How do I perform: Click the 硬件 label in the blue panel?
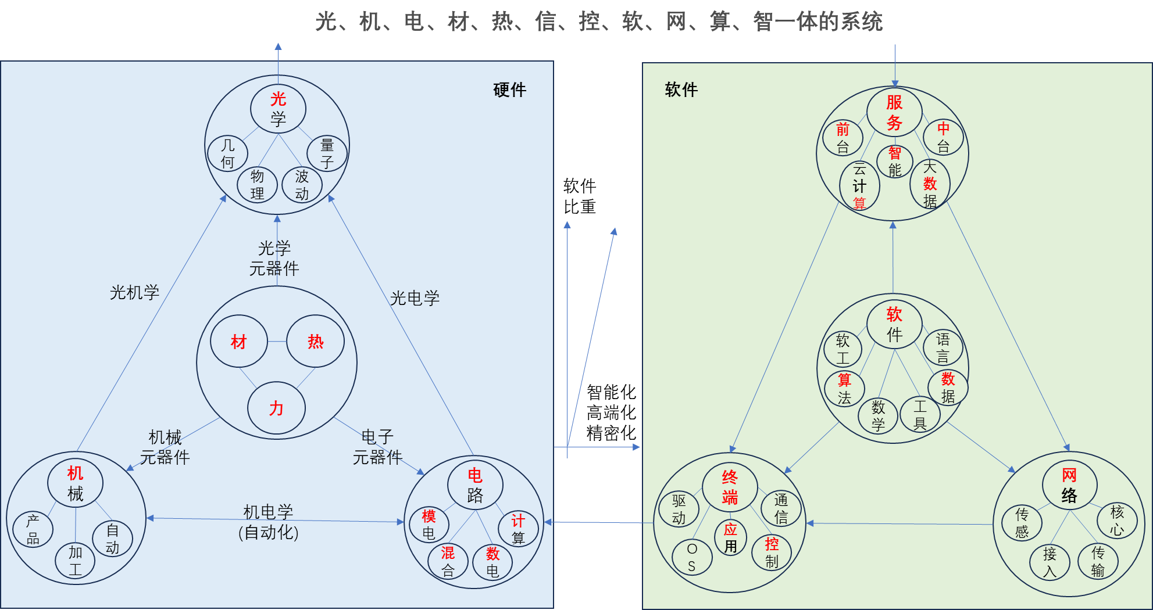[509, 90]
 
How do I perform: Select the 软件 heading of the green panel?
[681, 90]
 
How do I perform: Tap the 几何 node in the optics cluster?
[228, 154]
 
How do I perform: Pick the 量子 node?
[327, 154]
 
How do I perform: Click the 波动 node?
[302, 185]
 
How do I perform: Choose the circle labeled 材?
[239, 342]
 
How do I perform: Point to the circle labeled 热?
[315, 342]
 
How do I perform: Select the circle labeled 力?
[276, 408]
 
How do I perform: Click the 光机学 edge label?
[134, 292]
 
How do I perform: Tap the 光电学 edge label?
[415, 298]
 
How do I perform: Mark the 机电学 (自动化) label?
[268, 522]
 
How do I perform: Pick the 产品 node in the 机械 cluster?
[33, 530]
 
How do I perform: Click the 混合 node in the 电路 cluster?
[448, 562]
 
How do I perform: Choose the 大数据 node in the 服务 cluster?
[930, 184]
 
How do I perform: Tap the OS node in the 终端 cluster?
[691, 558]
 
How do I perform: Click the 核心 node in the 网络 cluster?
[1117, 521]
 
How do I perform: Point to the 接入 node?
[1050, 562]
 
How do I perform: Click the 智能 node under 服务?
[895, 162]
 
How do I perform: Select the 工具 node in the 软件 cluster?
[920, 415]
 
